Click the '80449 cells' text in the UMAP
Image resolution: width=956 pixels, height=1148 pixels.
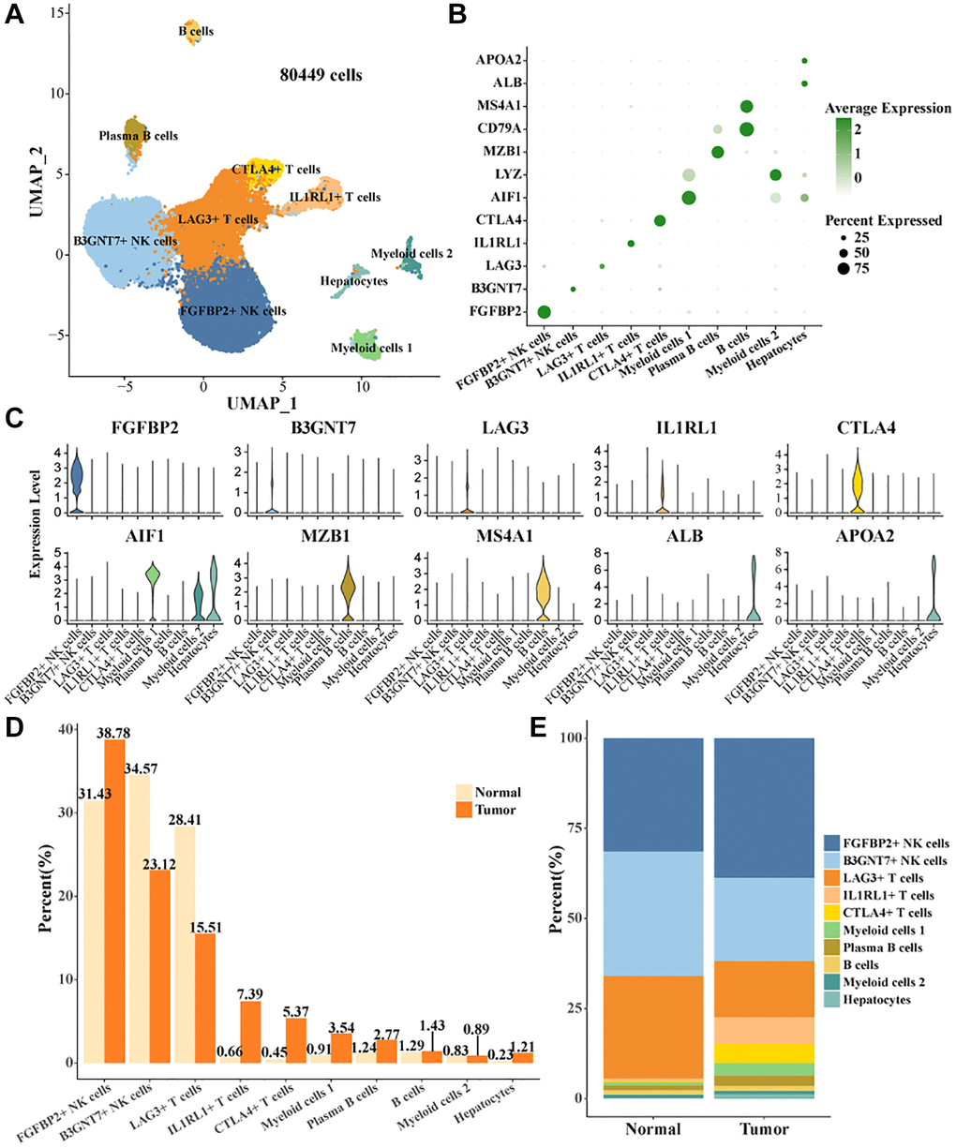[x=321, y=75]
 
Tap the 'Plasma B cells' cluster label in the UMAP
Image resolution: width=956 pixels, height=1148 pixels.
[x=139, y=136]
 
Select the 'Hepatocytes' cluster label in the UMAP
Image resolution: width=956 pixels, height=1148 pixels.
[x=353, y=281]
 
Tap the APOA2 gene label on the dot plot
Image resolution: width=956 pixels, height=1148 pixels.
[x=500, y=60]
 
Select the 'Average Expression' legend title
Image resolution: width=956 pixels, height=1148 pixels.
[x=888, y=109]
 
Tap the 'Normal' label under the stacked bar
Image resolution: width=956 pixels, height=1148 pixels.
[x=653, y=1128]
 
